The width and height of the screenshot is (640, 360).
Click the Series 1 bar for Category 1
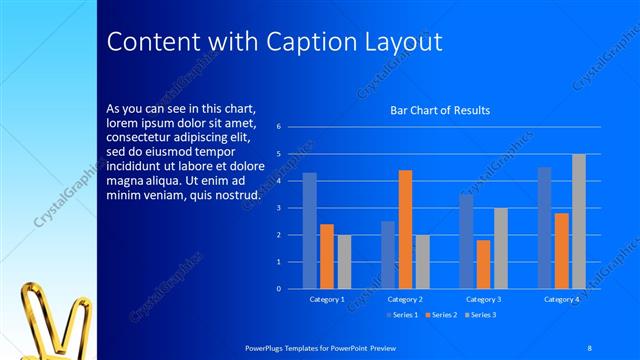click(x=309, y=231)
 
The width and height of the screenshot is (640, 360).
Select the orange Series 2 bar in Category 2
click(x=405, y=230)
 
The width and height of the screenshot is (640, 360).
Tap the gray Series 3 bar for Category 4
click(x=579, y=221)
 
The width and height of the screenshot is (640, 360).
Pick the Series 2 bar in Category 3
click(x=483, y=264)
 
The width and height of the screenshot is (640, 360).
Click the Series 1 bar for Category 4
click(x=544, y=228)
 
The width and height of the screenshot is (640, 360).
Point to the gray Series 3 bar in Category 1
click(x=344, y=262)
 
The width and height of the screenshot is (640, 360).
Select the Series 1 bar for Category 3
click(x=466, y=241)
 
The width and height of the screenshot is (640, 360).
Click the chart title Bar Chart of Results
click(x=440, y=110)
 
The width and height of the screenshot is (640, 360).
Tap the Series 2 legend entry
click(x=440, y=315)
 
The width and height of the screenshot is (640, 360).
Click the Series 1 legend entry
click(x=401, y=315)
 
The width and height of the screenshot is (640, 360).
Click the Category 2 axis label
click(x=405, y=299)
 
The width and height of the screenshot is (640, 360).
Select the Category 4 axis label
click(x=561, y=299)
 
